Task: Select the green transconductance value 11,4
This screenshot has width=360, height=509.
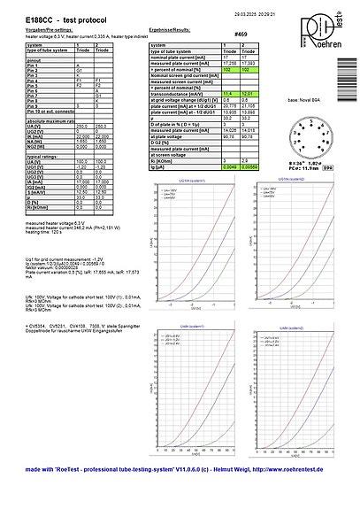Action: pos(227,94)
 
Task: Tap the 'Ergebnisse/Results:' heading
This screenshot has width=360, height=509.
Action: pos(172,28)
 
